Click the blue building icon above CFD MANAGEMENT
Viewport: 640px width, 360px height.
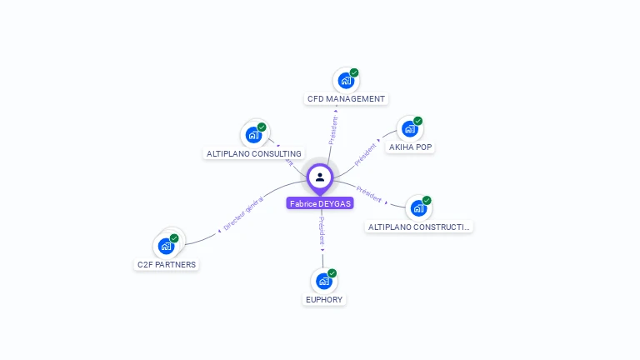[x=345, y=81]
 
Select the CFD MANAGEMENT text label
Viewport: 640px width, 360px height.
[x=346, y=99]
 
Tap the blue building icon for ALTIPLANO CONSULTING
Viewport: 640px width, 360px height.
[x=253, y=135]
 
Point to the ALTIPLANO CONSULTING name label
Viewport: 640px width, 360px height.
[x=253, y=154]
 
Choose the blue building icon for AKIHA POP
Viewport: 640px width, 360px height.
[x=409, y=128]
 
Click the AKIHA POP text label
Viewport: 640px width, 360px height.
[x=411, y=147]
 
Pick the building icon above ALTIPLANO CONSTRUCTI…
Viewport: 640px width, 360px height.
[x=417, y=207]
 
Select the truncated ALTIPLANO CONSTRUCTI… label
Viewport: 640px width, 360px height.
[x=419, y=227]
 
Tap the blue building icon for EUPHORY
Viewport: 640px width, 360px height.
[x=323, y=281]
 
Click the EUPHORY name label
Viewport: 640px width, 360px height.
[x=323, y=300]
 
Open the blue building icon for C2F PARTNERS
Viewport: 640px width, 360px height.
[x=166, y=246]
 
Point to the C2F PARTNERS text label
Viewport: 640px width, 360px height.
[x=167, y=265]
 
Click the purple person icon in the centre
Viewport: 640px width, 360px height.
[x=320, y=177]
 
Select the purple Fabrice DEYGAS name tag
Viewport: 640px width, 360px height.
[x=320, y=203]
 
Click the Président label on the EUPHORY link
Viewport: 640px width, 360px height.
[x=322, y=230]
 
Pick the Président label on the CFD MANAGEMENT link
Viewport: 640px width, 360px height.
[x=333, y=130]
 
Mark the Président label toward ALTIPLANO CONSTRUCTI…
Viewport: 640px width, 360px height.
[x=368, y=193]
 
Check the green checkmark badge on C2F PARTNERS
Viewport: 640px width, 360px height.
[x=174, y=238]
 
